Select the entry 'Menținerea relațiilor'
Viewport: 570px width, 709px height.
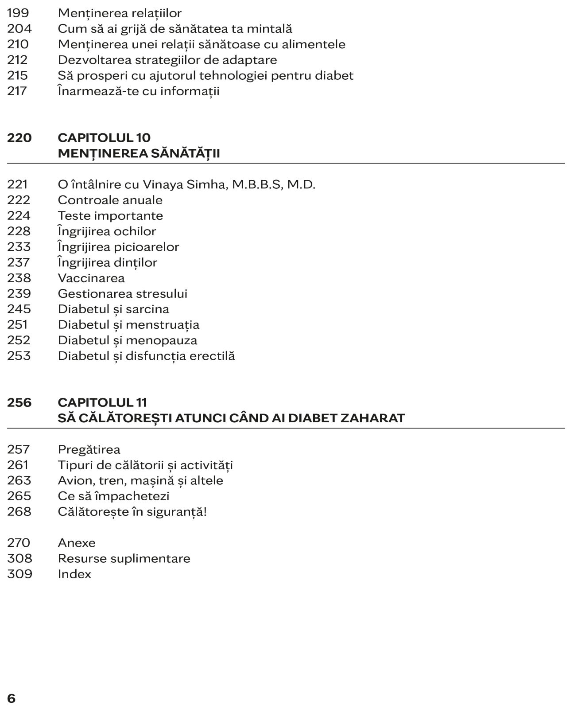(x=120, y=13)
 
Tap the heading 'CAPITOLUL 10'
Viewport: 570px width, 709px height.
(x=104, y=138)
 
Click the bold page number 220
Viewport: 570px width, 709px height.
(x=19, y=138)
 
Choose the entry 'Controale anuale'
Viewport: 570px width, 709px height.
(x=110, y=200)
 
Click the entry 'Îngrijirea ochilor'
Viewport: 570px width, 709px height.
(x=107, y=231)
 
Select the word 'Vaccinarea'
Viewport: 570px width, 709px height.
(x=91, y=278)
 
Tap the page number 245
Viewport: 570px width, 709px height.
(x=19, y=309)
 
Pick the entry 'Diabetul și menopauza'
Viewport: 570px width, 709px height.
(x=128, y=340)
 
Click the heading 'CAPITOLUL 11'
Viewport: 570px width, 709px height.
(x=102, y=402)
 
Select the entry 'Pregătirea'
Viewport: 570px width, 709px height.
(x=89, y=449)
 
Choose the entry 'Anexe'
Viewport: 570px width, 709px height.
(x=77, y=543)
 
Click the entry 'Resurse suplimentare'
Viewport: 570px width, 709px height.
(x=124, y=558)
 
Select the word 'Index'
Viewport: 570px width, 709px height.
(x=74, y=574)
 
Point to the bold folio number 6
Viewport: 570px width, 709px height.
(x=12, y=698)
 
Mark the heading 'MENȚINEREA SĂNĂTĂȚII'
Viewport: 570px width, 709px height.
(x=139, y=153)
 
